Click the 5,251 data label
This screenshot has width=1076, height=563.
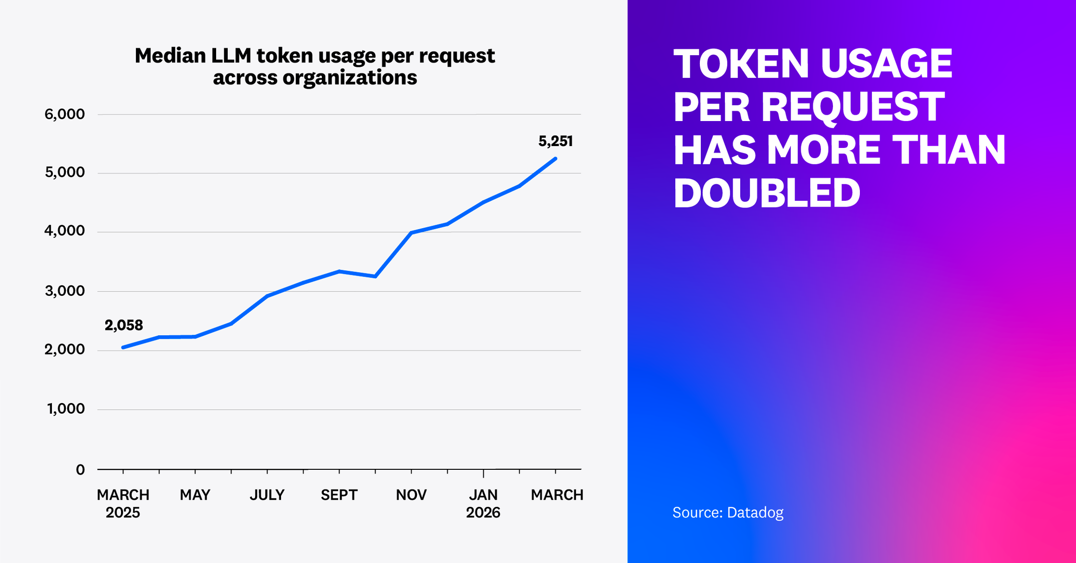tap(555, 141)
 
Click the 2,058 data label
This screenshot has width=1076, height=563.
tap(124, 325)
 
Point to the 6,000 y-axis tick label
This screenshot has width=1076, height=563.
tap(64, 114)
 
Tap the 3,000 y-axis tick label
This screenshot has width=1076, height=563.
tap(64, 291)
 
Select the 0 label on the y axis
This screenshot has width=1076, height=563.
tap(80, 470)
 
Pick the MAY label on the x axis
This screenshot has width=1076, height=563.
tap(195, 495)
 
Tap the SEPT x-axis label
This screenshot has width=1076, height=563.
tap(339, 495)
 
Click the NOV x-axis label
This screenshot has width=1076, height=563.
tap(411, 495)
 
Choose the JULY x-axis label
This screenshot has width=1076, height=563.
tap(267, 495)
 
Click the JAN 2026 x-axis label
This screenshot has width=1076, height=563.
tap(483, 503)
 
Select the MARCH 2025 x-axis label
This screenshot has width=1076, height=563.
tap(123, 503)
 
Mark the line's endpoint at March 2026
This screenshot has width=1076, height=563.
tap(555, 159)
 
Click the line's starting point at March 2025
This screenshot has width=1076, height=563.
tap(123, 347)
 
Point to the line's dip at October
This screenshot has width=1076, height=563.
tap(375, 276)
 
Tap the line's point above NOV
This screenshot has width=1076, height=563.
tap(411, 233)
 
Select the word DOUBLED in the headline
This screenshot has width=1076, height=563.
tap(767, 193)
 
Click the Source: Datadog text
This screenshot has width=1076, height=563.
tap(728, 513)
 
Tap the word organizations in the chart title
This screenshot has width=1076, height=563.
tap(350, 78)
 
